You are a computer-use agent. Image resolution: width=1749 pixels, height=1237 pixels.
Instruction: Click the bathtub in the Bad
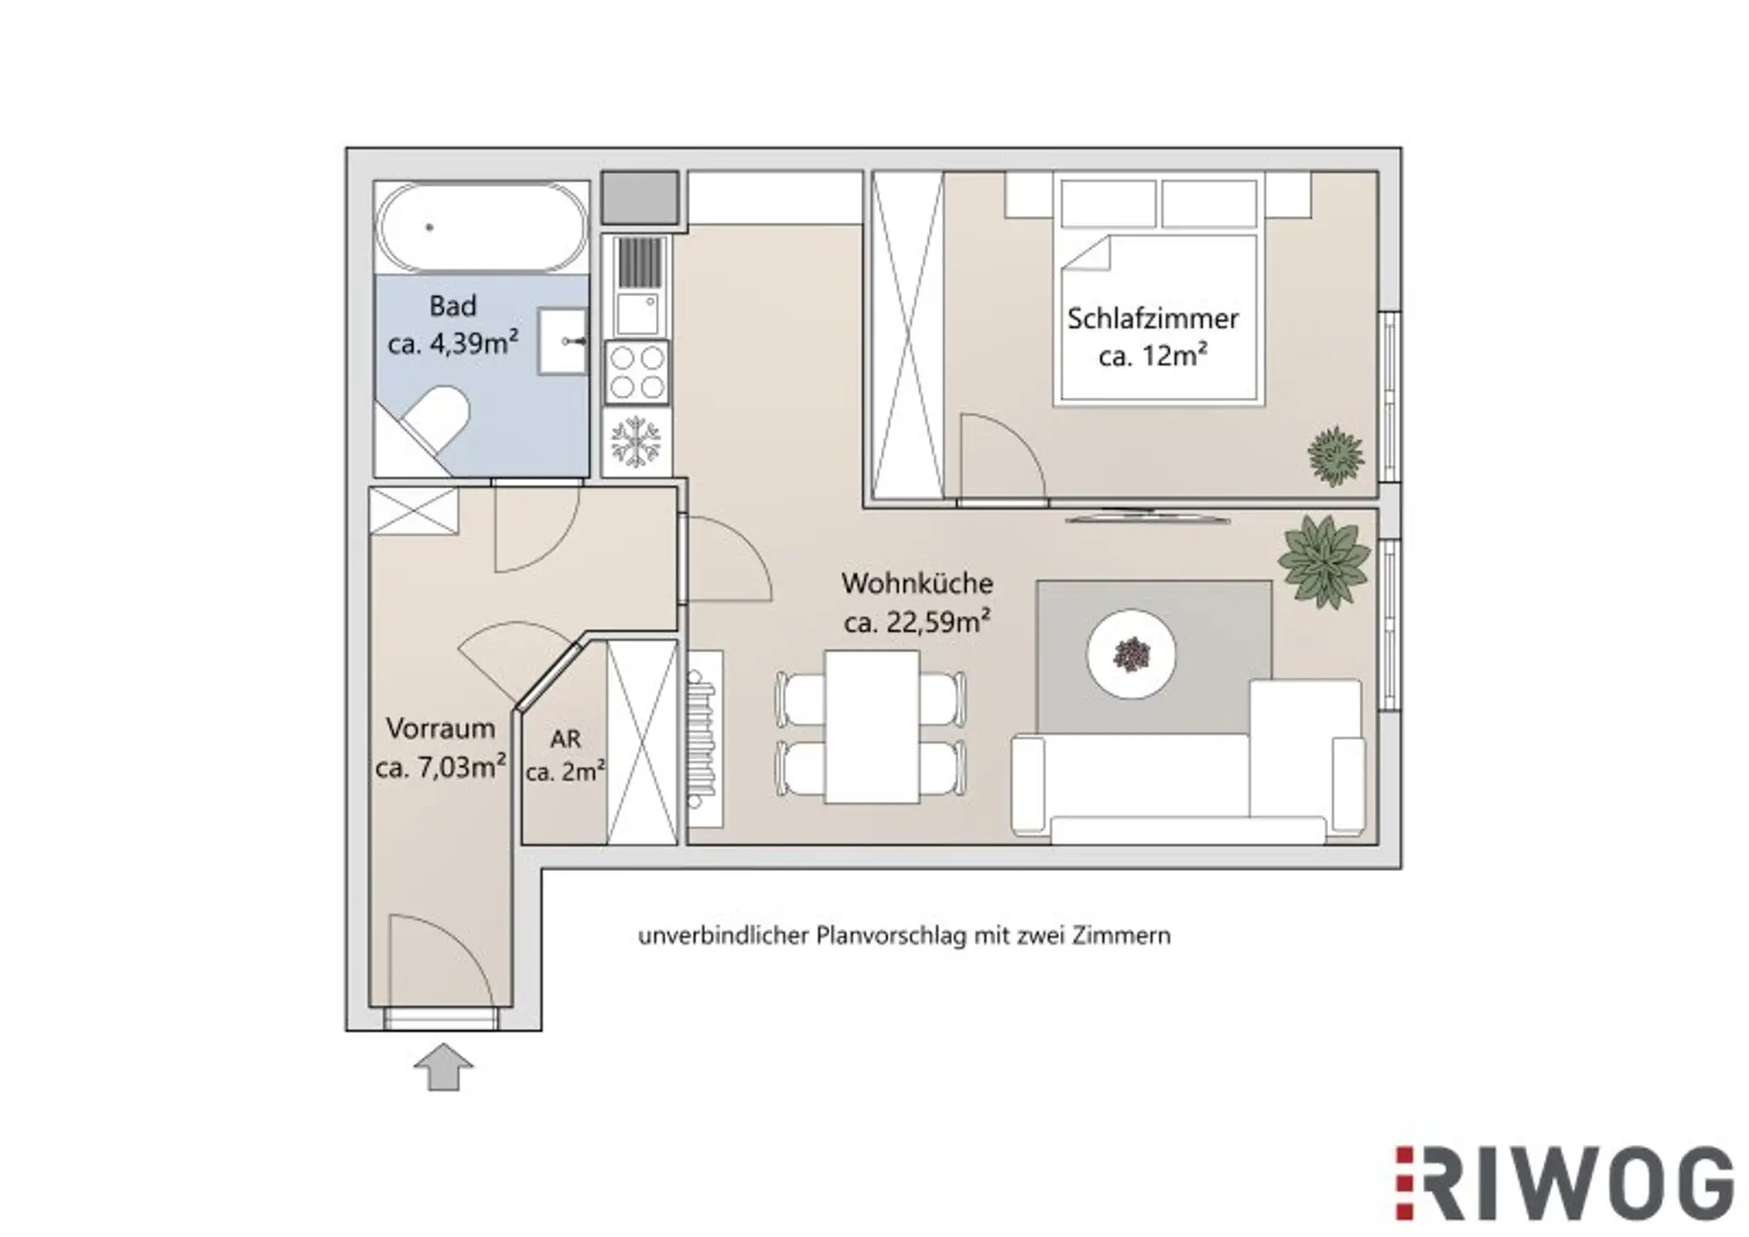pyautogui.click(x=482, y=227)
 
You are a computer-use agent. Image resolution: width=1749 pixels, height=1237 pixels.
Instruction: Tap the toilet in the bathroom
pyautogui.click(x=435, y=419)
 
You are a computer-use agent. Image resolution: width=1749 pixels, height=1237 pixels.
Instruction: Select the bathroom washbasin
pyautogui.click(x=562, y=341)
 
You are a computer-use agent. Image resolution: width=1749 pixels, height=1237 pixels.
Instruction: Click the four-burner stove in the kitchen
pyautogui.click(x=637, y=373)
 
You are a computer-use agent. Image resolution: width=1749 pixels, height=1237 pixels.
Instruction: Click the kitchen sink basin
pyautogui.click(x=637, y=312)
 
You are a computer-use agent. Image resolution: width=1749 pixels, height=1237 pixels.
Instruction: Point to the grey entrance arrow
pyautogui.click(x=444, y=1067)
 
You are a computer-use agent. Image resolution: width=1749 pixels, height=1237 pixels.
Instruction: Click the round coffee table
pyautogui.click(x=1131, y=654)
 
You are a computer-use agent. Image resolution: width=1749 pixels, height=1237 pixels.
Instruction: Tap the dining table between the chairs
pyautogui.click(x=872, y=727)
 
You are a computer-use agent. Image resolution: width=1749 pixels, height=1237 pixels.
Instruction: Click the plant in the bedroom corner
pyautogui.click(x=1335, y=455)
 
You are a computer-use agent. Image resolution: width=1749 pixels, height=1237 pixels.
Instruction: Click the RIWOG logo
pyautogui.click(x=1564, y=1182)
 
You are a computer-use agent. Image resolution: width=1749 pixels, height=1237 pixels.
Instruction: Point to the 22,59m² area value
pyautogui.click(x=938, y=622)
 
